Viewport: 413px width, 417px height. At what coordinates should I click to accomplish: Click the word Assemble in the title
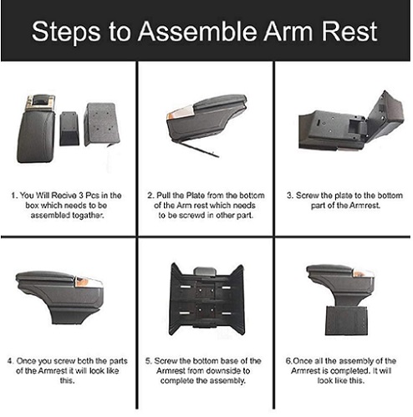pos(197,31)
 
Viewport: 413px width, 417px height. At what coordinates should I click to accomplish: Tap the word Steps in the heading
pos(66,33)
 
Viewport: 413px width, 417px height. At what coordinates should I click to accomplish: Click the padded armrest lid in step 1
pos(35,135)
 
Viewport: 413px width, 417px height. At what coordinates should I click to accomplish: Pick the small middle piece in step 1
pos(69,129)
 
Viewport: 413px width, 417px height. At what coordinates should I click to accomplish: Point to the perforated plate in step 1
pos(102,124)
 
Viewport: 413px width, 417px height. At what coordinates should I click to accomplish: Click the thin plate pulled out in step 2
pos(198,147)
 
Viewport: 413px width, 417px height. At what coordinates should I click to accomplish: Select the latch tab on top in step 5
pos(205,272)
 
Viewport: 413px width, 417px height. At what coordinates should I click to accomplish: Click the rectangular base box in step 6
pos(347,320)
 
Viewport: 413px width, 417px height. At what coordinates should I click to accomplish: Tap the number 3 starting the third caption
pos(289,196)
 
